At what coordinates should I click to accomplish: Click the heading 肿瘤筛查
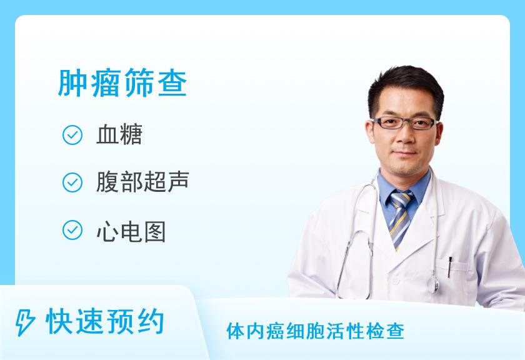[x=122, y=82]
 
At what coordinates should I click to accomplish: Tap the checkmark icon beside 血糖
[x=72, y=135]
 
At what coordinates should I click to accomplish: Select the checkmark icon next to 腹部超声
[x=72, y=182]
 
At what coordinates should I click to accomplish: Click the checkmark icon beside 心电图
[x=72, y=230]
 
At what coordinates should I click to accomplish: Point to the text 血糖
[x=119, y=134]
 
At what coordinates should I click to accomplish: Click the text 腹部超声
[x=142, y=182]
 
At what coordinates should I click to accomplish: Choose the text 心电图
[x=131, y=232]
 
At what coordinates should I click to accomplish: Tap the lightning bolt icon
[x=25, y=322]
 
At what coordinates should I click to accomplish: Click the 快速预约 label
[x=105, y=322]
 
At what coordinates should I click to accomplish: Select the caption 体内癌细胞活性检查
[x=316, y=331]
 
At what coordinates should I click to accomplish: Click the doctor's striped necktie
[x=400, y=218]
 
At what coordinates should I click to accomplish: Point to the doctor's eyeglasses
[x=404, y=123]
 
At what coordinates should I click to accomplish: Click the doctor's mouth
[x=406, y=152]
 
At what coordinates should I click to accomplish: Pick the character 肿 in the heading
[x=72, y=82]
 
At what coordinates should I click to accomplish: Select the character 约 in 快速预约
[x=151, y=322]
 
